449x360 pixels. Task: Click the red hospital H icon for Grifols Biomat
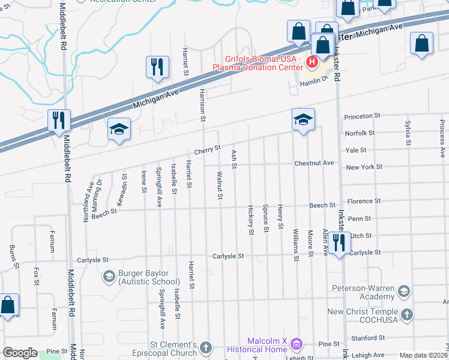[312, 61]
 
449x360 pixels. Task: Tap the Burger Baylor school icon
[109, 276]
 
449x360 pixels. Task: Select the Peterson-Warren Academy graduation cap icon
[404, 291]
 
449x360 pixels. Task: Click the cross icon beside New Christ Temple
[406, 315]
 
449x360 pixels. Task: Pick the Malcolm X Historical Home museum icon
[295, 344]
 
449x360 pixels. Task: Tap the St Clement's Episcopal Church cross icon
[206, 347]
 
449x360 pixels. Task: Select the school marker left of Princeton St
[304, 119]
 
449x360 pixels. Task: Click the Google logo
[20, 353]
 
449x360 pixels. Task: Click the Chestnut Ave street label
[314, 163]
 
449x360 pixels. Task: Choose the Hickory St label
[251, 220]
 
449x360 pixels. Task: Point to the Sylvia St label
[408, 133]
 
